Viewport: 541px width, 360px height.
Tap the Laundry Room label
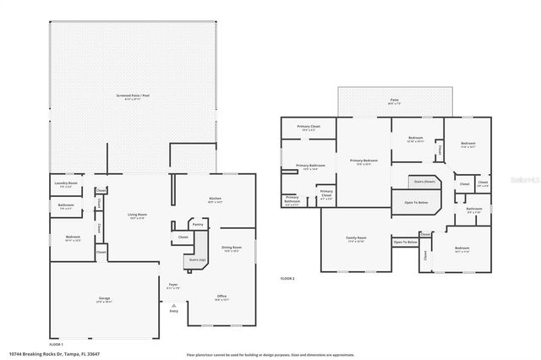tap(67, 183)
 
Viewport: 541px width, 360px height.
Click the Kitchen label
tap(215, 199)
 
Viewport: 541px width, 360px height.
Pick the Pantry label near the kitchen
tap(197, 225)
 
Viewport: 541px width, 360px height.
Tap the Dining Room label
tap(231, 248)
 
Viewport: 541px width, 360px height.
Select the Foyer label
tap(172, 285)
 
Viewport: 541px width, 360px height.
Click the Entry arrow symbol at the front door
tap(174, 304)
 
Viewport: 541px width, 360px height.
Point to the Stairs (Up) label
tap(196, 260)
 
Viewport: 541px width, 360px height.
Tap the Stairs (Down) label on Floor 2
tap(424, 180)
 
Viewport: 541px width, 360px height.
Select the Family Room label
tap(356, 238)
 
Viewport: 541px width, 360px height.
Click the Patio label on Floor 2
tap(394, 100)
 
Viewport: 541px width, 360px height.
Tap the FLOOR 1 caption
tap(56, 345)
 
